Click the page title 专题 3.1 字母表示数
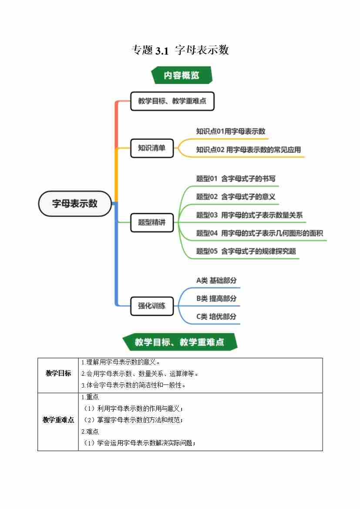click(180, 50)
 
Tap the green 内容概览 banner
click(182, 75)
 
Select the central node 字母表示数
click(75, 203)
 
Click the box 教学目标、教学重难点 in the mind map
click(172, 101)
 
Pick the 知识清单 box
click(152, 148)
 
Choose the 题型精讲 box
click(152, 222)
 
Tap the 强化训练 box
click(152, 305)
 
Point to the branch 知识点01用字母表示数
click(231, 131)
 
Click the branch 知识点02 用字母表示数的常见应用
click(248, 150)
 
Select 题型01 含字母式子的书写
click(236, 179)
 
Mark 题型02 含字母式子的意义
click(236, 197)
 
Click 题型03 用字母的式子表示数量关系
click(249, 215)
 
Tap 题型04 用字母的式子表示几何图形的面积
click(259, 233)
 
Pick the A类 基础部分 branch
click(216, 280)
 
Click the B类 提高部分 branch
click(216, 299)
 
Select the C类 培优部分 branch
click(216, 317)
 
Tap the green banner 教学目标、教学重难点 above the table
click(179, 342)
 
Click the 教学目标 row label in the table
click(58, 374)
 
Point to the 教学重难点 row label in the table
click(58, 420)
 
